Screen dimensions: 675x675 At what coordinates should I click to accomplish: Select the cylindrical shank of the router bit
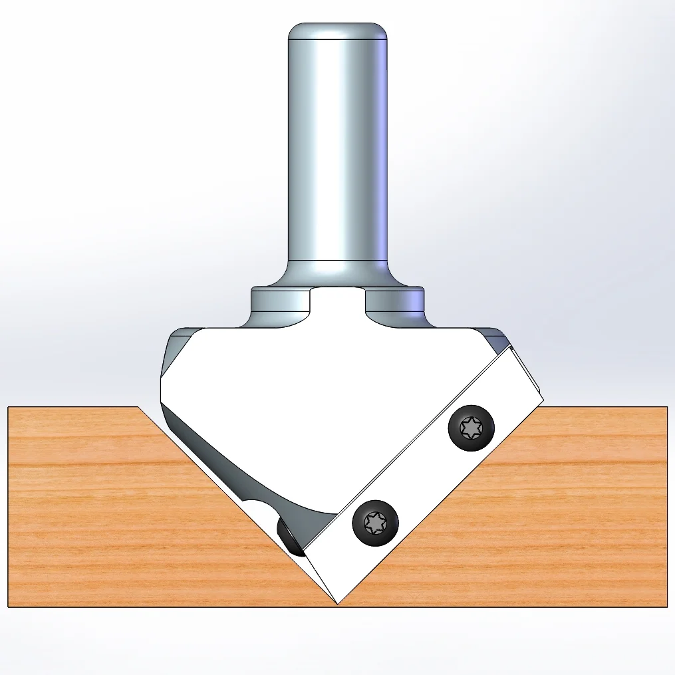click(338, 146)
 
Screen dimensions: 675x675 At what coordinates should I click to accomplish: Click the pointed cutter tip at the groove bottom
click(338, 602)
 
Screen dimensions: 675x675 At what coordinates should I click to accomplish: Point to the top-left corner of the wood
click(9, 408)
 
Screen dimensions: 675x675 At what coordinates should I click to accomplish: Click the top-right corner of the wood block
click(666, 408)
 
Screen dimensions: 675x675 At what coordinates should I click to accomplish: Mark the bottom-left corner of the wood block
click(9, 606)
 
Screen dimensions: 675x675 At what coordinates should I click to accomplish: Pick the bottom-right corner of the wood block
click(666, 606)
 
